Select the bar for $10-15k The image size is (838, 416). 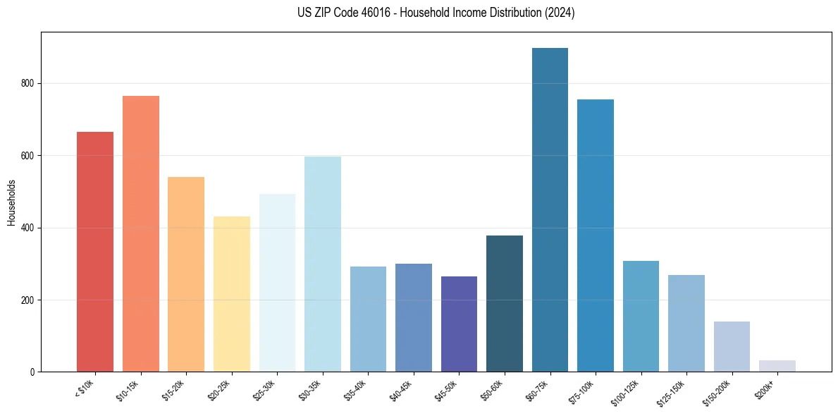[x=141, y=233]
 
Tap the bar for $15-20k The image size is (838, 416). [x=186, y=274]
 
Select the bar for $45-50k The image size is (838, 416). [x=459, y=324]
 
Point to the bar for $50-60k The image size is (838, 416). [x=505, y=303]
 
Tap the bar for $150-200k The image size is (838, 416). [x=732, y=346]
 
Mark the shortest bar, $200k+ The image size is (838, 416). [x=777, y=366]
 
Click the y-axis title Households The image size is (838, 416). [x=12, y=202]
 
